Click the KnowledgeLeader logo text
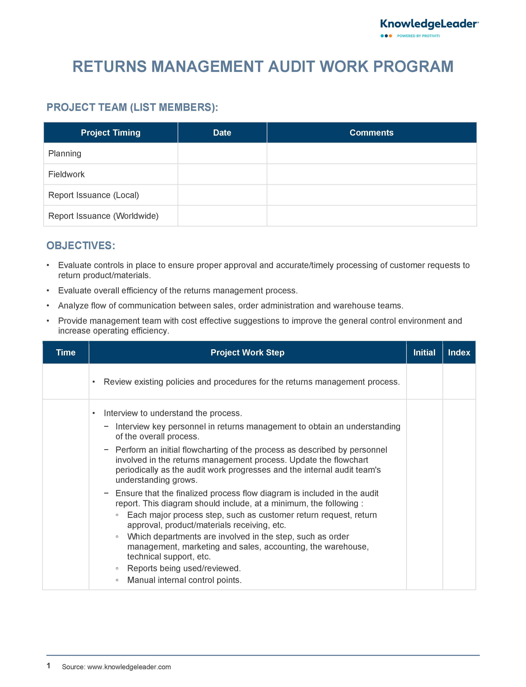click(429, 24)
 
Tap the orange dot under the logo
click(390, 36)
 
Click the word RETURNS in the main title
click(110, 67)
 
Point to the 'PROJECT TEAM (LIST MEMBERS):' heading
click(132, 107)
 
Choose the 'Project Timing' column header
click(111, 132)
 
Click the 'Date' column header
click(222, 132)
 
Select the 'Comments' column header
click(371, 132)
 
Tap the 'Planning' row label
click(65, 154)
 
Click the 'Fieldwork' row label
click(66, 174)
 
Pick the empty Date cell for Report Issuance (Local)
click(222, 195)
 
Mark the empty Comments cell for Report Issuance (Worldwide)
click(371, 216)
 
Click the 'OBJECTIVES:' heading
click(81, 245)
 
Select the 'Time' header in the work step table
click(66, 352)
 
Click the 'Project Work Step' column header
click(247, 352)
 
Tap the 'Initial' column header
click(424, 352)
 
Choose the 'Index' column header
click(459, 352)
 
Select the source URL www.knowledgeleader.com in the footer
click(129, 667)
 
